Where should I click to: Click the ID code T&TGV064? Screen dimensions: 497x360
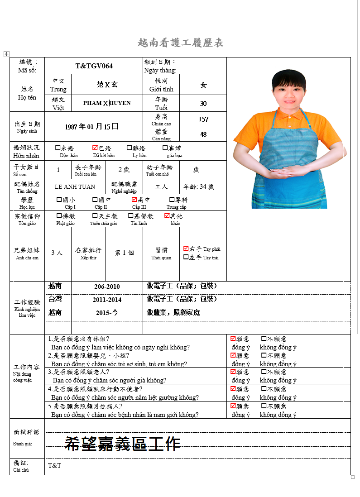(x=94, y=66)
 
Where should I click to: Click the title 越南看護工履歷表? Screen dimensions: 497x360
(x=180, y=43)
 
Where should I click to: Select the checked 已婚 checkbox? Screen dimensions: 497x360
(x=95, y=148)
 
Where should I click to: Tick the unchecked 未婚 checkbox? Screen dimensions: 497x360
(x=58, y=148)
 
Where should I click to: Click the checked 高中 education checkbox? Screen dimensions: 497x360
(x=134, y=199)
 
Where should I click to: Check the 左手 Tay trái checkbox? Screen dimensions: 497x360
(x=186, y=257)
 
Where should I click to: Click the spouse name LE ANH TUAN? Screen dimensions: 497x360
(x=75, y=186)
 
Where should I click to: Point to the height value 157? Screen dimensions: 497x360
(x=203, y=119)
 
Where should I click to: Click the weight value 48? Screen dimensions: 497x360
(x=203, y=134)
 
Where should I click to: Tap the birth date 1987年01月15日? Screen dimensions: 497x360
(x=92, y=127)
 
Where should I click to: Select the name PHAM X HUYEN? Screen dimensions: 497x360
(x=107, y=103)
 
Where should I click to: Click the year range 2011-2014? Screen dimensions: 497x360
(x=107, y=300)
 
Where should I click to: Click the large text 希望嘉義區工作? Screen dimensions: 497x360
(x=122, y=444)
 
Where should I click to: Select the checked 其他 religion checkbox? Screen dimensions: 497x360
(x=167, y=216)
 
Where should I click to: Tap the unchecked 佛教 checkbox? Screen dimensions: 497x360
(x=59, y=216)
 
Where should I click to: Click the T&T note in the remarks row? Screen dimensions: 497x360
(x=54, y=465)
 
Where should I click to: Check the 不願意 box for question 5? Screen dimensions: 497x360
(x=264, y=406)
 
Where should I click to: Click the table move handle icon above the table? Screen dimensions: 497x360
(x=6, y=54)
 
